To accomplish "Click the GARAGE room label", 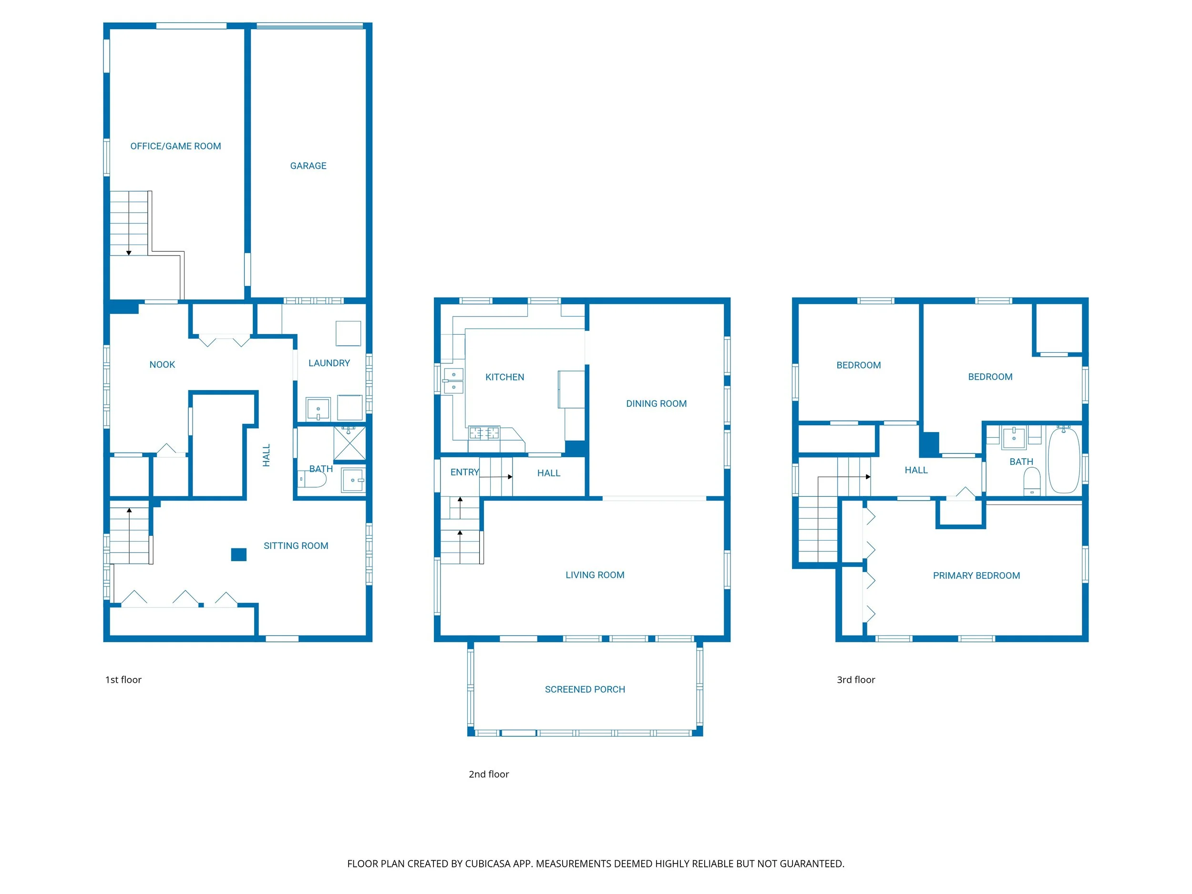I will [308, 166].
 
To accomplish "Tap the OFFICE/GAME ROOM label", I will [175, 146].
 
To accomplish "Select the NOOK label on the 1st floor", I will [162, 365].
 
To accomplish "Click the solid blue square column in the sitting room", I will [239, 555].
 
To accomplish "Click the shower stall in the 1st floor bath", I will [349, 443].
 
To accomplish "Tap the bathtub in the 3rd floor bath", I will [1064, 461].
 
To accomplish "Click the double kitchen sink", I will [453, 381].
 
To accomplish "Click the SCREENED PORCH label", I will [585, 689].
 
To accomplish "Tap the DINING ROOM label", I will [656, 404].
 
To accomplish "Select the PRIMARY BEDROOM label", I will [976, 575].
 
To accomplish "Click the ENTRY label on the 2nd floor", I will [464, 473].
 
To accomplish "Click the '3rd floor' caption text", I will [855, 679].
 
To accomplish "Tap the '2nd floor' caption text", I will [488, 774].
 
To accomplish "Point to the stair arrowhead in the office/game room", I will [129, 253].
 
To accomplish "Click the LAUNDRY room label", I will [329, 363].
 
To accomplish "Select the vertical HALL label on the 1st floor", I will [266, 455].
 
